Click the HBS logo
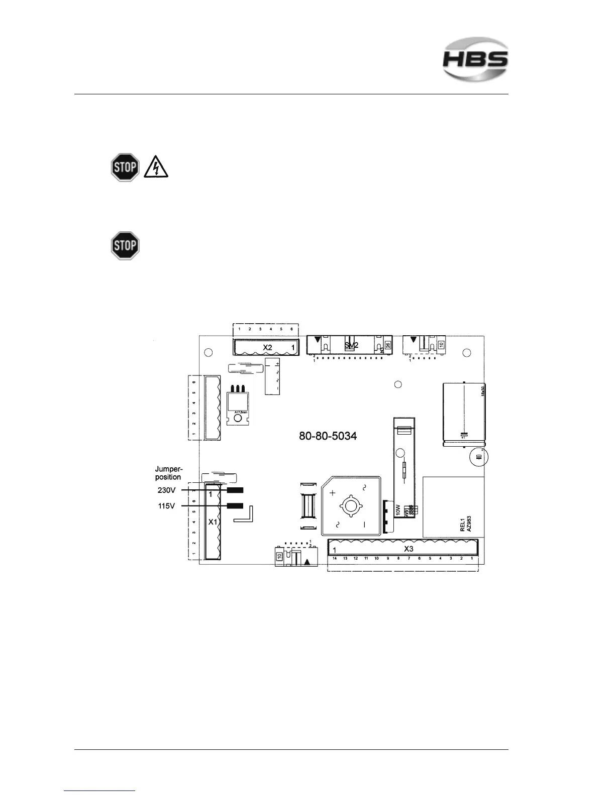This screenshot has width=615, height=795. (475, 59)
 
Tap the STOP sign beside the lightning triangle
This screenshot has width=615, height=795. (125, 167)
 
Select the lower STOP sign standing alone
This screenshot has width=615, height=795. (125, 245)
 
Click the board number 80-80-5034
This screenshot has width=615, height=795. (328, 436)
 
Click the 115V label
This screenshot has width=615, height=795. (167, 506)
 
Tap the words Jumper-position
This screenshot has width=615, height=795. (168, 473)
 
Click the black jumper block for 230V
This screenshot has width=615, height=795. (235, 490)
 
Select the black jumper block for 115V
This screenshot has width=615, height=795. (235, 506)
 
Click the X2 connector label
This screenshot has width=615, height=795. (268, 347)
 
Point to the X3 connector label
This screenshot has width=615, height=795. (408, 549)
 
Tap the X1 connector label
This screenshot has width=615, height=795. (213, 522)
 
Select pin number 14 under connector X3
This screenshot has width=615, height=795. (335, 558)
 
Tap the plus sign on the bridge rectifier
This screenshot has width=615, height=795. (332, 493)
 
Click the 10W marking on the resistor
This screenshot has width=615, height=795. (398, 511)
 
